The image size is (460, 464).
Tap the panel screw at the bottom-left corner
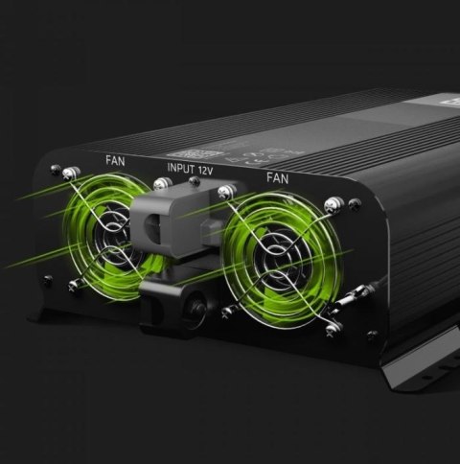point(48,280)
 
